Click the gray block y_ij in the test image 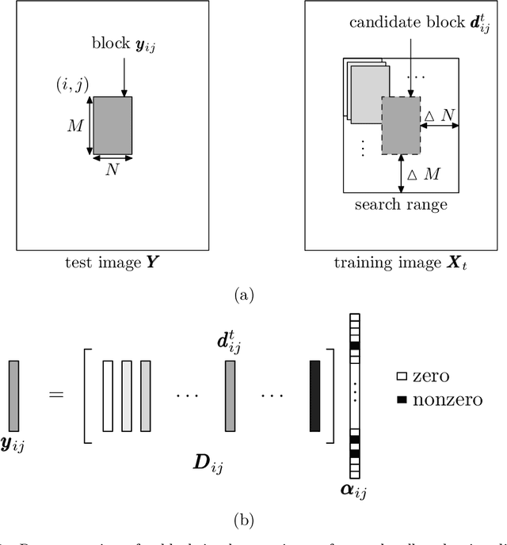112,125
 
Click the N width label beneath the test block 112,170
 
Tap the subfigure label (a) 253,295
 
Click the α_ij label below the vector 354,491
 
